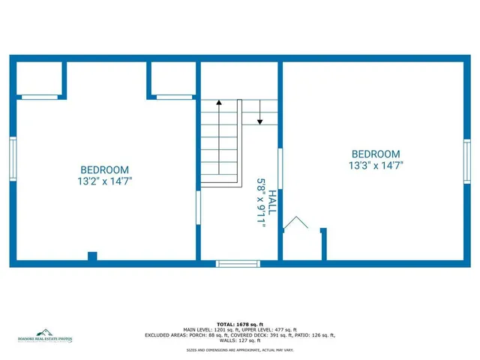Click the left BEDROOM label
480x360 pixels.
105,170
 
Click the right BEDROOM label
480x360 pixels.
376,153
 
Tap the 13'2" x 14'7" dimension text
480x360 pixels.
105,181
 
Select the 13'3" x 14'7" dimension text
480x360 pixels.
376,164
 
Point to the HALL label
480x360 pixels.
272,202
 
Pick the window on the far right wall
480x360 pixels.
466,161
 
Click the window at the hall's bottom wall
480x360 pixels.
237,263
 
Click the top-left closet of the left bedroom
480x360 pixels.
39,78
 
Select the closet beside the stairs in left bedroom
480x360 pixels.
172,78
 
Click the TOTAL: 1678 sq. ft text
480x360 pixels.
239,324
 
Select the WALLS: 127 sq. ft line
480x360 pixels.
239,341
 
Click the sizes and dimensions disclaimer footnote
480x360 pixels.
239,350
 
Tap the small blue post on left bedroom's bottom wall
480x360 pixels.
92,256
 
